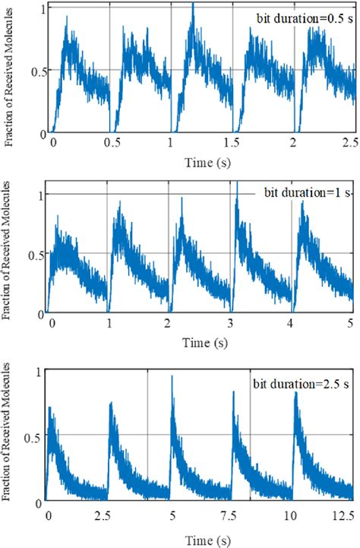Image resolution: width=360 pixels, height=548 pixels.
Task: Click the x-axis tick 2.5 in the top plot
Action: click(349, 143)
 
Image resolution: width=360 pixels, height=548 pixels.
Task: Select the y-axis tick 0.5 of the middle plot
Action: click(33, 253)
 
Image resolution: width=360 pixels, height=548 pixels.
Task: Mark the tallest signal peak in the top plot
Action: click(193, 5)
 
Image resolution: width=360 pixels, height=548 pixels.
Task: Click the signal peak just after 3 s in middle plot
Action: click(238, 184)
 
